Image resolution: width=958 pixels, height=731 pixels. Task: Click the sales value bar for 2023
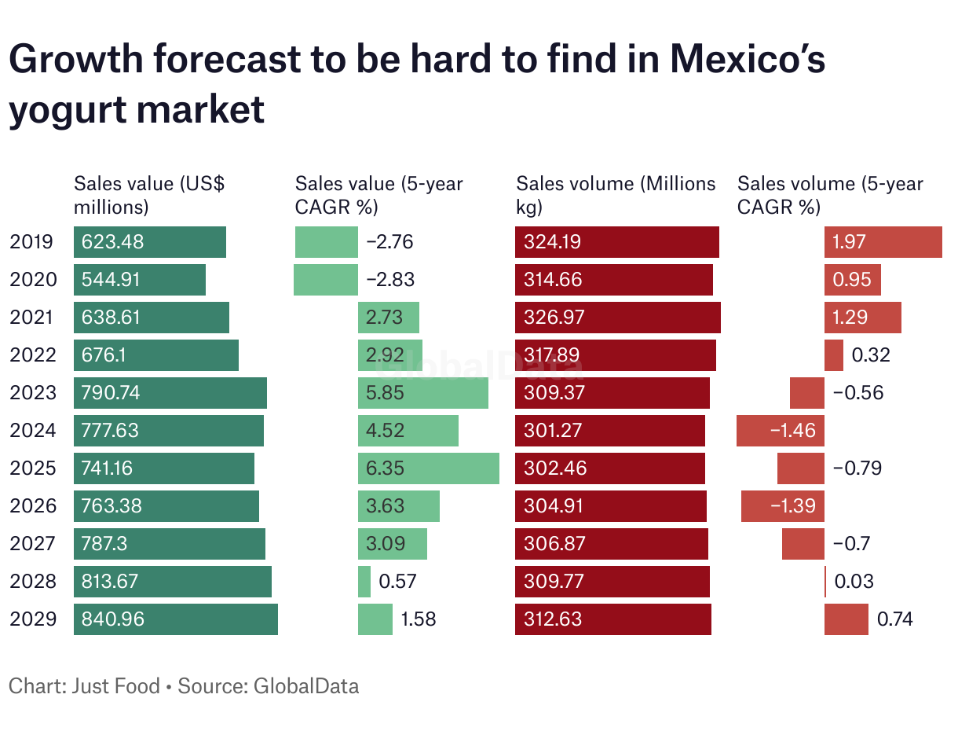(x=170, y=393)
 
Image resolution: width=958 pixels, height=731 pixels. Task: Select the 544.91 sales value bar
(x=140, y=280)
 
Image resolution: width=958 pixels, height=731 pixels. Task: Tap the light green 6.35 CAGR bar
(x=429, y=468)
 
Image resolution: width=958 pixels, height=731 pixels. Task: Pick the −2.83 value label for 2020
(x=390, y=280)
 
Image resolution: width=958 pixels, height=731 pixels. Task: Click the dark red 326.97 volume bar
(x=618, y=318)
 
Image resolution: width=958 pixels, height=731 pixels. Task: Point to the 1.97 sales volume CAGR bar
(x=883, y=242)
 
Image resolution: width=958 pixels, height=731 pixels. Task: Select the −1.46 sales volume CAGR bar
(x=781, y=431)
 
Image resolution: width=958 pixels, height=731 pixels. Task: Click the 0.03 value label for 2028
(x=854, y=582)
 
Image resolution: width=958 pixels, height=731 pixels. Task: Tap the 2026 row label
(x=33, y=506)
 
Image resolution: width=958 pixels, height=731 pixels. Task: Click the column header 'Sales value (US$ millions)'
(x=149, y=195)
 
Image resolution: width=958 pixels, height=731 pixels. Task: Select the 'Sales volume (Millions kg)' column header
(x=616, y=195)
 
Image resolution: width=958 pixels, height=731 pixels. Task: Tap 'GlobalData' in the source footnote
(x=305, y=686)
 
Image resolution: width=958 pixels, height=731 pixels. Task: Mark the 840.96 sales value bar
(x=176, y=619)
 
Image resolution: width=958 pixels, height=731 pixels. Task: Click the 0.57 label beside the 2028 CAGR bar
(x=397, y=582)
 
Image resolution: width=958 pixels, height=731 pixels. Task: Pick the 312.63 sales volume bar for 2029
(x=613, y=619)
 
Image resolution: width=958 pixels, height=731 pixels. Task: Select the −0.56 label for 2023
(x=858, y=393)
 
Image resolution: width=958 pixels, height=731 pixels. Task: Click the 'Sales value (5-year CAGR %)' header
(x=379, y=195)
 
